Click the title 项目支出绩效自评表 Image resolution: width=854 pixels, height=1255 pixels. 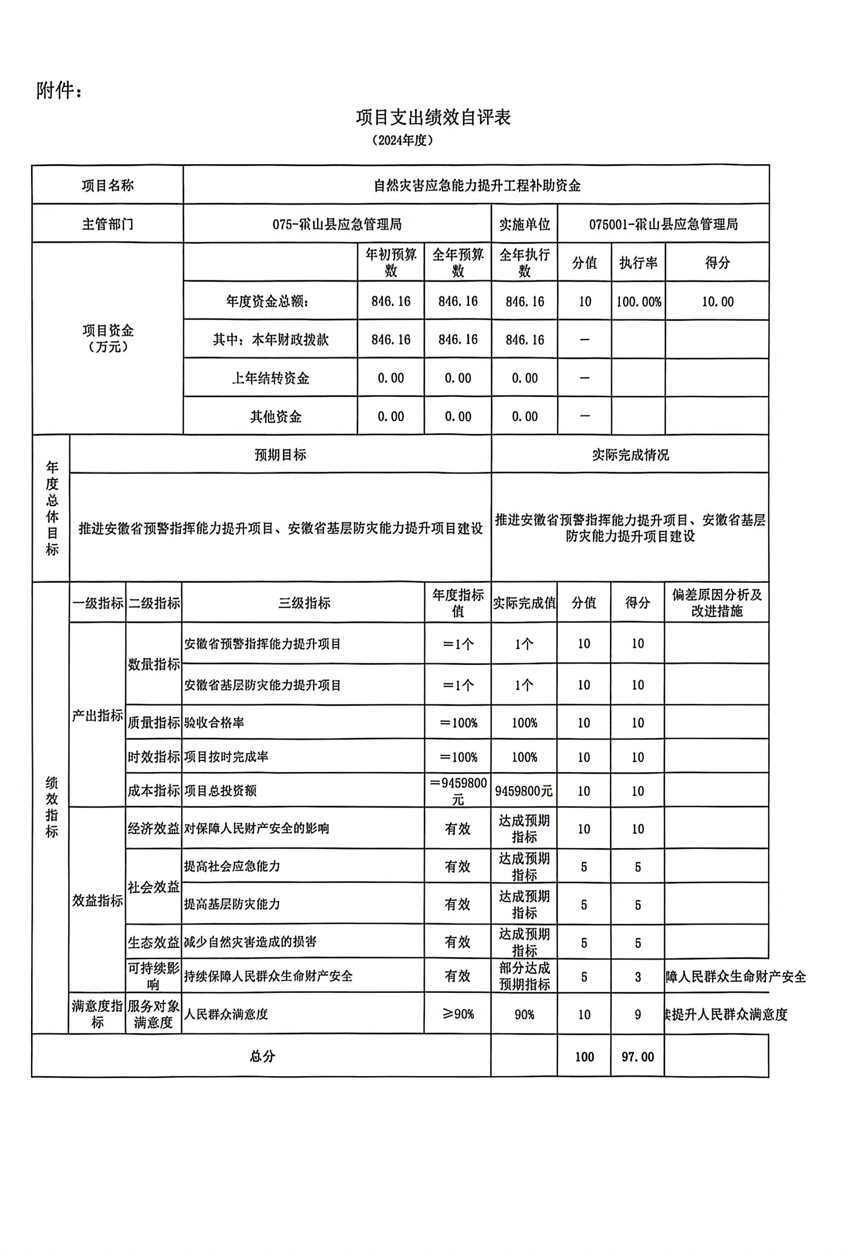click(433, 117)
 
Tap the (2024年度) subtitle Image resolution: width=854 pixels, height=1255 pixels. click(402, 140)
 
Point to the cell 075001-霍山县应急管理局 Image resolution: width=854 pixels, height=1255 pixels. click(663, 224)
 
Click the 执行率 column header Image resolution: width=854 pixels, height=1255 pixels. click(638, 263)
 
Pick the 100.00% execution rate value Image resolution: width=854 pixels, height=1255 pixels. click(639, 302)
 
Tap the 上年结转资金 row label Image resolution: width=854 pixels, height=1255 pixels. click(270, 378)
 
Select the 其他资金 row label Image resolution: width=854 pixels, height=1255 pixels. click(275, 416)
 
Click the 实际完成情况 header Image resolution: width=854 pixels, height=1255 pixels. click(630, 455)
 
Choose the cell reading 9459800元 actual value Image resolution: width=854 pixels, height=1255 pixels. click(524, 791)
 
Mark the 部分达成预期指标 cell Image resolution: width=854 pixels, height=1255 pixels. click(524, 976)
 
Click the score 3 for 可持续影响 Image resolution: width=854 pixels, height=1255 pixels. click(637, 977)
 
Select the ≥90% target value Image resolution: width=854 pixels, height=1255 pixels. click(457, 1014)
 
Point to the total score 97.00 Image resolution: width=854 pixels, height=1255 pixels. click(637, 1057)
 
